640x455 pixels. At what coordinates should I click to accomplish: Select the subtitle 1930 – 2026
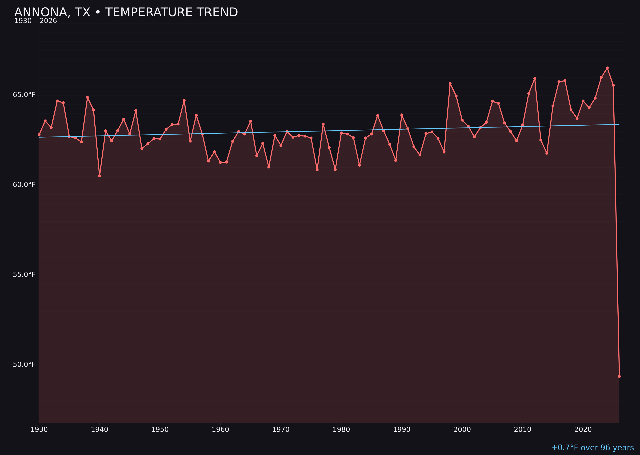click(36, 21)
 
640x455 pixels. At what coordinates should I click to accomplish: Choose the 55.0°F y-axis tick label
click(24, 275)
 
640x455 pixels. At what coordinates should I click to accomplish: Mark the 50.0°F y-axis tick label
click(24, 364)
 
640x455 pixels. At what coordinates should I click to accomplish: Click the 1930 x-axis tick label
click(39, 430)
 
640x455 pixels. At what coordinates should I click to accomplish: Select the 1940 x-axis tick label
click(100, 430)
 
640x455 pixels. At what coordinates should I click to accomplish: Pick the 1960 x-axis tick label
click(220, 430)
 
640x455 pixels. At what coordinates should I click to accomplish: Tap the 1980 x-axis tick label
click(341, 430)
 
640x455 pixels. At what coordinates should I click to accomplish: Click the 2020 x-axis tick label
click(583, 430)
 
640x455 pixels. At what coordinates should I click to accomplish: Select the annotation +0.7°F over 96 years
click(592, 448)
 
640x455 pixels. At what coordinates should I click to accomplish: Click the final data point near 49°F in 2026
click(619, 376)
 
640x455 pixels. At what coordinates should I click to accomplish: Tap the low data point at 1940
click(100, 176)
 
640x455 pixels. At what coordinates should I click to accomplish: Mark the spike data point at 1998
click(450, 84)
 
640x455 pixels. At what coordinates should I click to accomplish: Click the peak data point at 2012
click(535, 79)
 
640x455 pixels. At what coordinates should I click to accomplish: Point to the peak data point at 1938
click(87, 97)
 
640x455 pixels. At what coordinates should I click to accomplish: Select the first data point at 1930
click(39, 135)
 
